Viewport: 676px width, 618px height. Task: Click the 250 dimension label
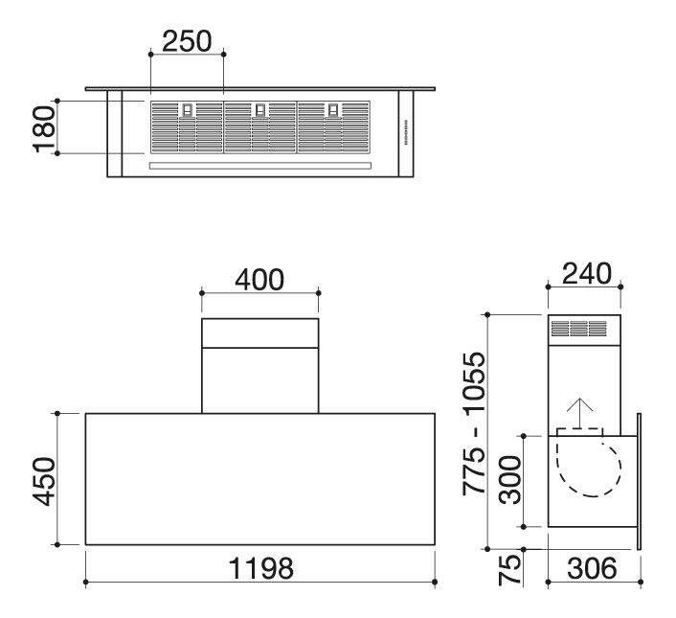[187, 41]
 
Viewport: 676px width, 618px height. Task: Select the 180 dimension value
[44, 129]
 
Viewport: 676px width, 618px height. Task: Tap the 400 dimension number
[259, 280]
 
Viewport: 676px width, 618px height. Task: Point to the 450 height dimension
[44, 481]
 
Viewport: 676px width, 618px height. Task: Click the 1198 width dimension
[260, 568]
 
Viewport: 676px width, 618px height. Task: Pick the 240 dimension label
[587, 273]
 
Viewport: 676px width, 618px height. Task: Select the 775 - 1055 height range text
[474, 423]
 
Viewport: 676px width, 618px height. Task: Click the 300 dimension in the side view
[510, 480]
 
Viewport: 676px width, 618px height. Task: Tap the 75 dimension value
[510, 570]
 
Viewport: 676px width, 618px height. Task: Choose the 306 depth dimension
[592, 568]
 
